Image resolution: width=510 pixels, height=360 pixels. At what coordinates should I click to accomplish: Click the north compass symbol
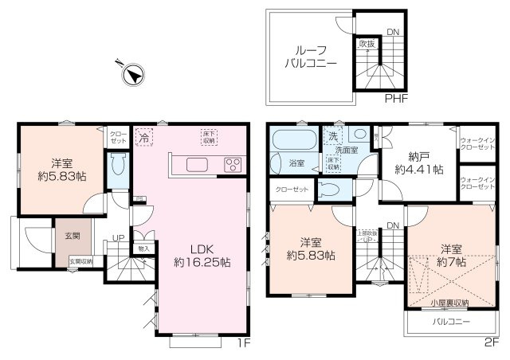pos(131,76)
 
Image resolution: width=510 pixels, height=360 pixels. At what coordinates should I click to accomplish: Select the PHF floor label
pos(397,99)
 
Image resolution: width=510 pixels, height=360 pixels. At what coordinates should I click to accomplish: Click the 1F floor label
pos(243,343)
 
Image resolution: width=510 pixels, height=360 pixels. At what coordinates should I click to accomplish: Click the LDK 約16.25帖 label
pos(202,254)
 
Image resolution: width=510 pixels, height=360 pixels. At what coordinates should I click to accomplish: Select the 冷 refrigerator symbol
pos(144,137)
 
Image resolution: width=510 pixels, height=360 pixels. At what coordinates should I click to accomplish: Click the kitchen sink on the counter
pos(197,165)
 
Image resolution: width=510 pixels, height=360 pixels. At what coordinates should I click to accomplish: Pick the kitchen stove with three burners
pos(233,165)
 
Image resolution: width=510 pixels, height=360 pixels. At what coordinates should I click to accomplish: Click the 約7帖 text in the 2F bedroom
pos(451,261)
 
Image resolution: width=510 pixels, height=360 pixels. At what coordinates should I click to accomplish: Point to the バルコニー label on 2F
pos(451,321)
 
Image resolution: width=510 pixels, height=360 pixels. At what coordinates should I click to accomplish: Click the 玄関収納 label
pos(80,260)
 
